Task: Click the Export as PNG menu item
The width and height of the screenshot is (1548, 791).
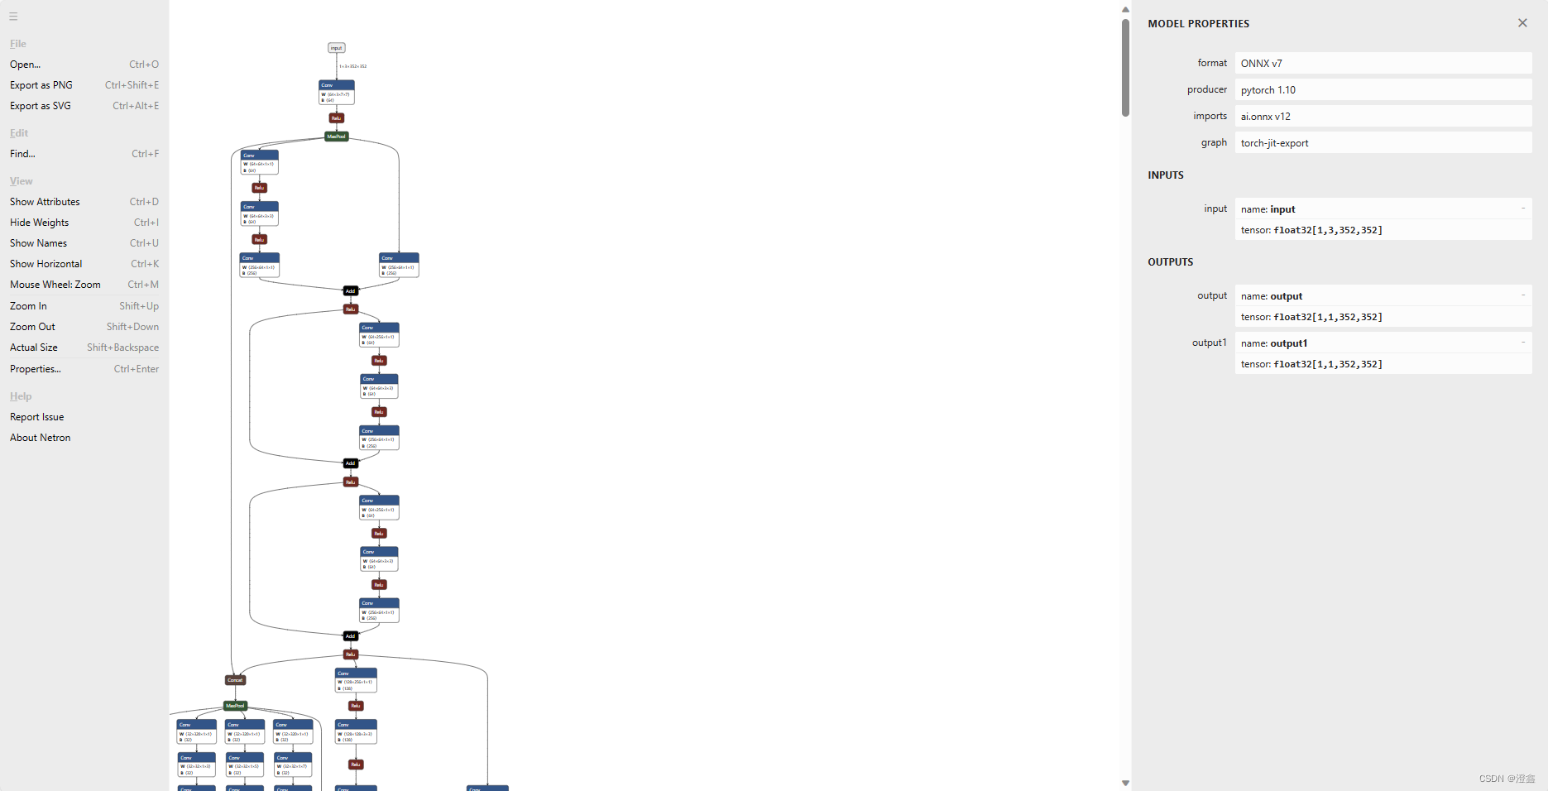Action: [x=41, y=85]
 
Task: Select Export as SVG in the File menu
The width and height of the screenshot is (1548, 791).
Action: [x=41, y=106]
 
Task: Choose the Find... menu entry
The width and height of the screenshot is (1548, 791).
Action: [x=22, y=154]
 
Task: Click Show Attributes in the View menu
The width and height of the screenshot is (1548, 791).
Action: [x=45, y=202]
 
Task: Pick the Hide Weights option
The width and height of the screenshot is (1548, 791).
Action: [x=39, y=223]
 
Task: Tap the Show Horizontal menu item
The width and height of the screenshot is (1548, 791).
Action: [x=46, y=264]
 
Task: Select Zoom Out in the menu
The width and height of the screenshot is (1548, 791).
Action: [x=32, y=327]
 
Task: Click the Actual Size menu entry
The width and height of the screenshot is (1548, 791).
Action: [x=34, y=348]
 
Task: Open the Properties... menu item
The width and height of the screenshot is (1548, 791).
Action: [x=36, y=369]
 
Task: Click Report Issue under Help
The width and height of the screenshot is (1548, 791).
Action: [x=36, y=417]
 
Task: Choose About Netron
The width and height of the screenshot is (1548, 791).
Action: [x=40, y=438]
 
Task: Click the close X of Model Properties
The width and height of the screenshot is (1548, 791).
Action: [x=1522, y=23]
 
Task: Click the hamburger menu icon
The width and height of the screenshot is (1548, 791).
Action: [x=13, y=17]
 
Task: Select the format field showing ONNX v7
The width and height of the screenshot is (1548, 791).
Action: [x=1383, y=64]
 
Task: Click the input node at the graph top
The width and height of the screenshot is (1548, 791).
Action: [x=337, y=48]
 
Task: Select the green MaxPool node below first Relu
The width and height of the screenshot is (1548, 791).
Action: [x=336, y=137]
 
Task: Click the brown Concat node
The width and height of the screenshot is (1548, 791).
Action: [x=236, y=680]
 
